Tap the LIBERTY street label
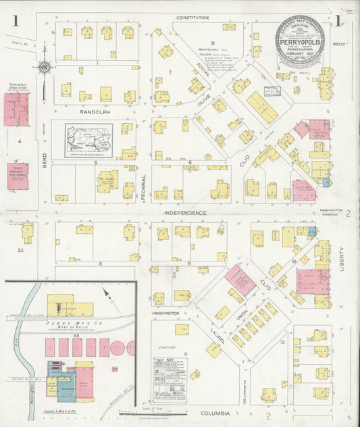coord(342,257)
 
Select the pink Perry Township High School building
coord(18,176)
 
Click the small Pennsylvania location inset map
coord(88,140)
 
